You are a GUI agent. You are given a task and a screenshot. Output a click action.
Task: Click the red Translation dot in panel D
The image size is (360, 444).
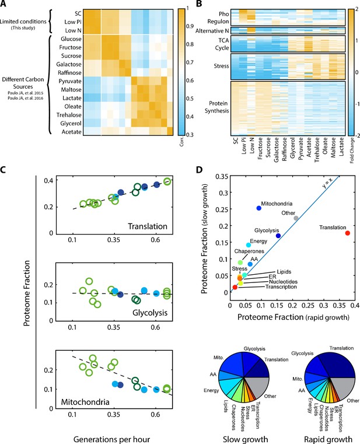tap(348, 233)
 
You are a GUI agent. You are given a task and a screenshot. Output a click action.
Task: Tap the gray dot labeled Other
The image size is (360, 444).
tap(296, 218)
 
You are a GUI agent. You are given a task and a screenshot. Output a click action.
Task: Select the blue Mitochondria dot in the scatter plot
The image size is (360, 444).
tap(258, 208)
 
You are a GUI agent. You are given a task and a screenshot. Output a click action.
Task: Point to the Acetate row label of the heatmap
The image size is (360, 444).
tap(71, 132)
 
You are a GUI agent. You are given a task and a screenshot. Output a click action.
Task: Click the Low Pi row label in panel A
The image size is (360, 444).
tap(73, 22)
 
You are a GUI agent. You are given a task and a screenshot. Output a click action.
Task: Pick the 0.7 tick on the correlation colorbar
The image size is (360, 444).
tap(190, 62)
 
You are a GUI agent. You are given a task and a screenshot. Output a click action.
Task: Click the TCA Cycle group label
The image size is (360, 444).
tap(222, 44)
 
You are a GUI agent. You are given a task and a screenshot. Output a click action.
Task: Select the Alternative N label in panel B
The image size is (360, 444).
tap(212, 30)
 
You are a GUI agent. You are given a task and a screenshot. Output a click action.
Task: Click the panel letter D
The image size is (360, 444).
tap(200, 169)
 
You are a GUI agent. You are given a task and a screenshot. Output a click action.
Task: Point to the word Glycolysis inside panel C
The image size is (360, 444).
tap(150, 313)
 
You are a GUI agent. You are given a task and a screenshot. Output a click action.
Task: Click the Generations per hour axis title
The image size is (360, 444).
tap(111, 439)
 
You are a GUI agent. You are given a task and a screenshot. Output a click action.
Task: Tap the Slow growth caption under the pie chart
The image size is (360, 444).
tap(245, 439)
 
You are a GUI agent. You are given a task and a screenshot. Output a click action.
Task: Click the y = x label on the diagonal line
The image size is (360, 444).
tap(327, 184)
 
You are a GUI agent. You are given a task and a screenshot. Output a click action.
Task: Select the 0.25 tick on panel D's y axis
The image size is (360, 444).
tap(222, 209)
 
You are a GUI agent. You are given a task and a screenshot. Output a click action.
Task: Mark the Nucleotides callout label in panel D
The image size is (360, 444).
tap(283, 282)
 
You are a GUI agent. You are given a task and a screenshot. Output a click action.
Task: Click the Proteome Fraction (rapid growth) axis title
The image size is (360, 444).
tap(293, 317)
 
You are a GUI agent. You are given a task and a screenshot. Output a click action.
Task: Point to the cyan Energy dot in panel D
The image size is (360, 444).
tap(249, 245)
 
